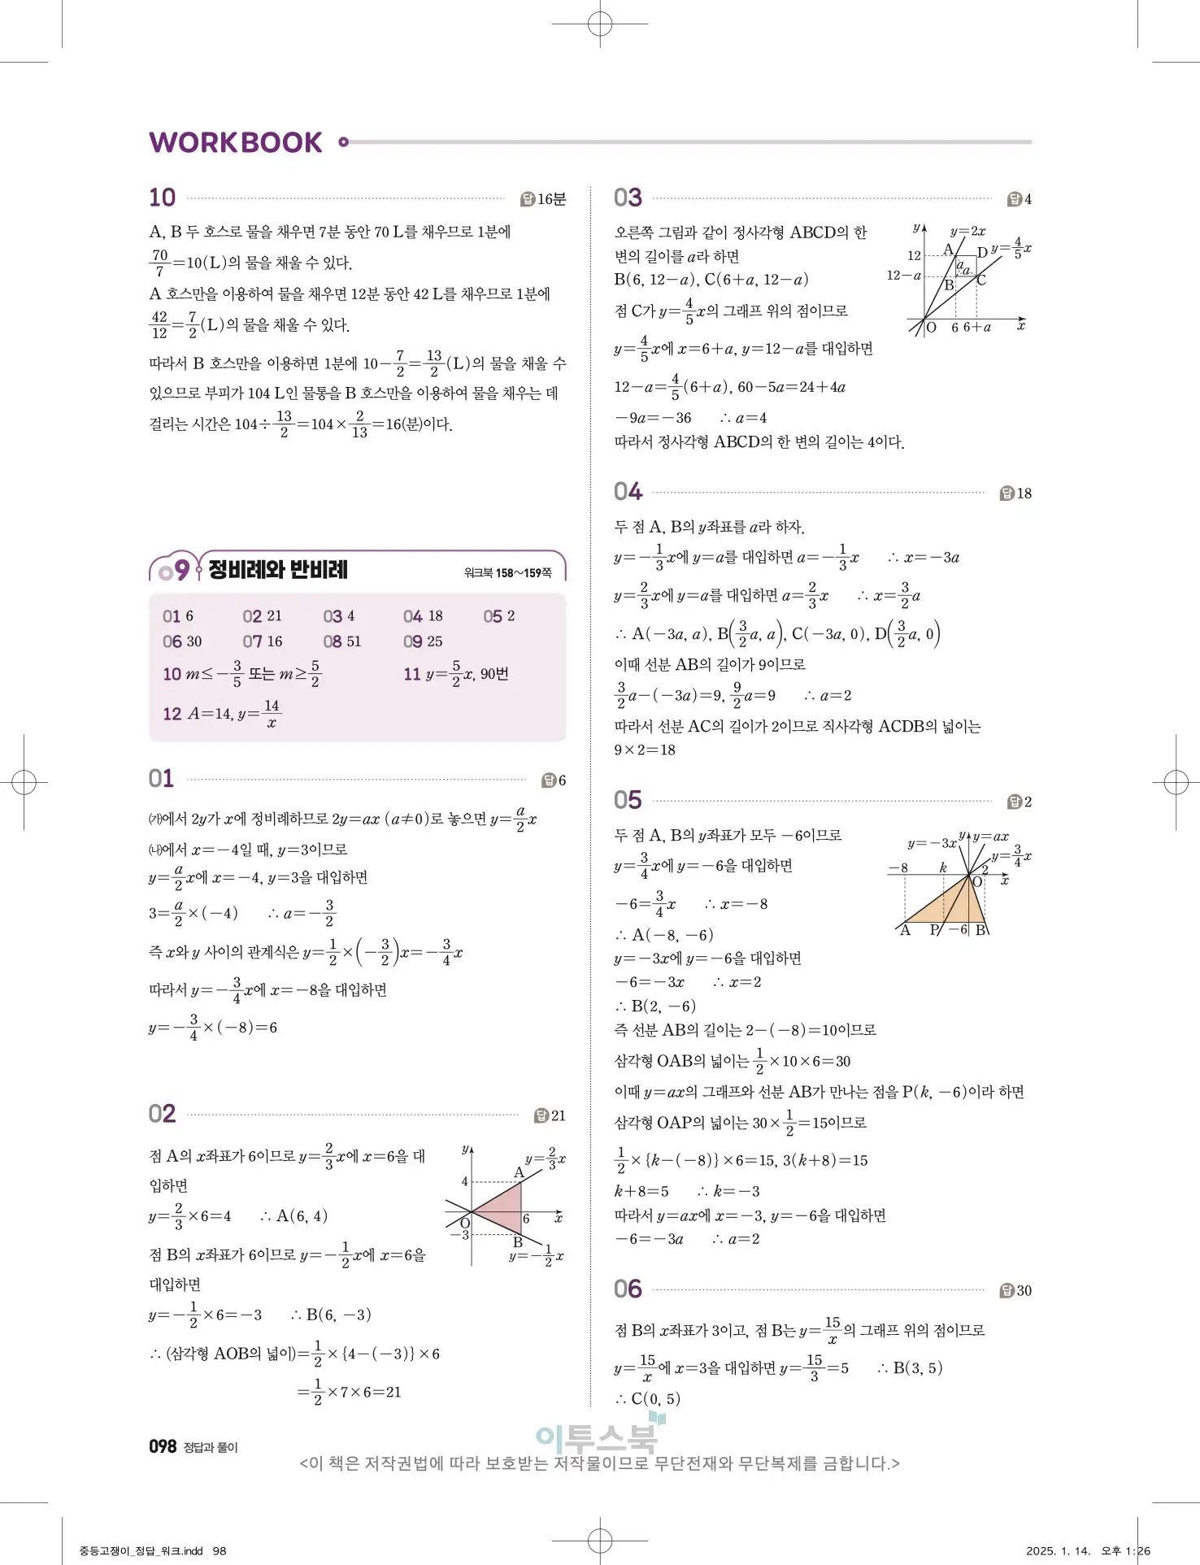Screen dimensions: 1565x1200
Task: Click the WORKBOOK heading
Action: coord(236,143)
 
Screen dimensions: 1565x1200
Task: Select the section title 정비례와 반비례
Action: coord(277,569)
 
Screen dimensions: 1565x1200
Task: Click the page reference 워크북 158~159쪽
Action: coord(507,573)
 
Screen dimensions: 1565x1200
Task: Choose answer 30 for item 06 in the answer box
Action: coord(192,641)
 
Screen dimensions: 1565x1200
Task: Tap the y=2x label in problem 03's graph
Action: coord(967,231)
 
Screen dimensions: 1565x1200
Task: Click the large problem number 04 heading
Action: coord(628,492)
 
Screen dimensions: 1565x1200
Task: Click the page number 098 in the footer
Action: coord(163,1446)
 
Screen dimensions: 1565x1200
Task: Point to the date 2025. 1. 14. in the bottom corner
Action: coord(1058,1550)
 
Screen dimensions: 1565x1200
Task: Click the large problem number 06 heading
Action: coord(628,1289)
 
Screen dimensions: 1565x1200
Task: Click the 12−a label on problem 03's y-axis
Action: coord(903,276)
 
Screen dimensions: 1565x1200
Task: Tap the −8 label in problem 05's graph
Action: coord(898,867)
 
